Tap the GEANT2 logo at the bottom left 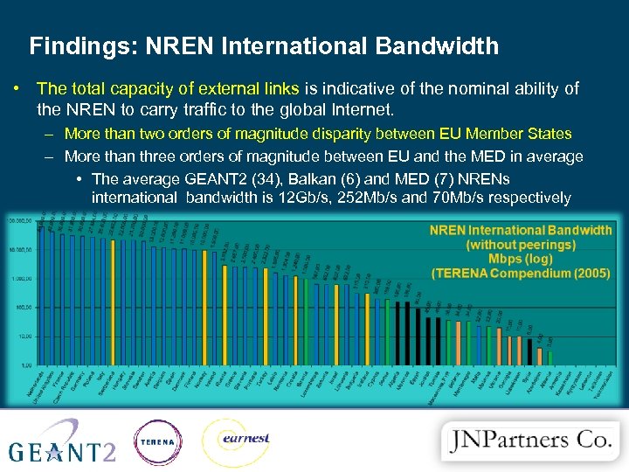(62, 441)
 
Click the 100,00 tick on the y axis (19, 308)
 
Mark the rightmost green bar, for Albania (550, 357)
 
